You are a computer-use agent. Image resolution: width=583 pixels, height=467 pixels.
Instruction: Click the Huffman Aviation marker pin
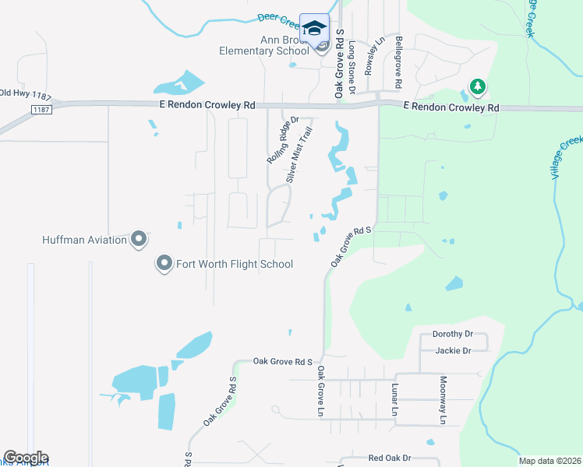pos(139,239)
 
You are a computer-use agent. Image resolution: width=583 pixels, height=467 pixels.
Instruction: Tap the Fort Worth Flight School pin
pos(164,264)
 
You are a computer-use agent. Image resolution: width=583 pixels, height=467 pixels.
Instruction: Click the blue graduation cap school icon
pos(314,29)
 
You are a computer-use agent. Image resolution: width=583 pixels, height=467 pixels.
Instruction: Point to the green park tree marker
pos(476,86)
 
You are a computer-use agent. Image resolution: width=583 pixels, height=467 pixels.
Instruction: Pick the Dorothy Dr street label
pos(453,334)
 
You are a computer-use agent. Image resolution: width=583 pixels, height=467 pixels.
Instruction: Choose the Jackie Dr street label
pos(454,350)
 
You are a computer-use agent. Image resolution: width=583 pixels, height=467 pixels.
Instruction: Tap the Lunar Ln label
pos(395,399)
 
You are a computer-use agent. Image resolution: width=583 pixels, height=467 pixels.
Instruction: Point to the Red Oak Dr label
pos(390,458)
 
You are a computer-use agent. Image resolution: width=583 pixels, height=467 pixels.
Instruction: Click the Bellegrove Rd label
pos(398,61)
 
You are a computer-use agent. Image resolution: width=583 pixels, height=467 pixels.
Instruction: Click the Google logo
pos(26,458)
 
